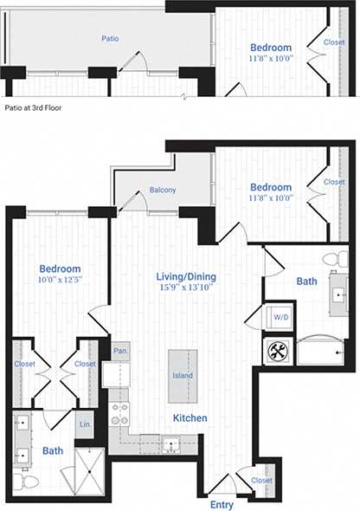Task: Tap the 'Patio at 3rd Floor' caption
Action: tap(37, 109)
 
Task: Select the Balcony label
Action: tap(163, 190)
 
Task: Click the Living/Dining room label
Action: tap(186, 277)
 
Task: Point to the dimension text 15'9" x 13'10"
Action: tap(186, 288)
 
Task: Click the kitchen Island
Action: tap(182, 374)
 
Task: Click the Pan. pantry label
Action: tap(120, 350)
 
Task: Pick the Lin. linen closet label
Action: tap(84, 425)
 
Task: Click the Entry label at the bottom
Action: tap(222, 501)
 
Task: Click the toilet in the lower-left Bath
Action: tap(29, 480)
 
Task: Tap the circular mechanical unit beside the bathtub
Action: tap(278, 351)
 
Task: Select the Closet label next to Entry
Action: tap(260, 480)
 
